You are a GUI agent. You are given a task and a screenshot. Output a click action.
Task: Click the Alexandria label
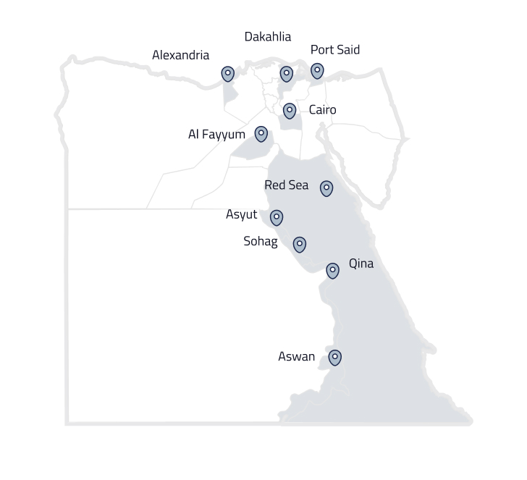coord(180,55)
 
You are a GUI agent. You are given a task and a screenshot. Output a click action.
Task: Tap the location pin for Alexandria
coord(228,74)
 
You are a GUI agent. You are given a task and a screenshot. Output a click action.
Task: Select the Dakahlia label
coord(268,36)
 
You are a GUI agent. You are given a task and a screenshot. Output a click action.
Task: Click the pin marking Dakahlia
coord(287,74)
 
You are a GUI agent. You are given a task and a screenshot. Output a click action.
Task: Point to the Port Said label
coord(334,50)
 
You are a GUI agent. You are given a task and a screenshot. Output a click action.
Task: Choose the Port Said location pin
coord(317,71)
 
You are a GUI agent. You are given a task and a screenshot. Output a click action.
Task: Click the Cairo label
coord(322,110)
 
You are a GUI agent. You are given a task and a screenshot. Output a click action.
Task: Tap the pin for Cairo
coord(290,111)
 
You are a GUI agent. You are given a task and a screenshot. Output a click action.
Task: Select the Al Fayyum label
coord(216,134)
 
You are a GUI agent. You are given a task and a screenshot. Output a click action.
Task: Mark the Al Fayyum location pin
coord(261,134)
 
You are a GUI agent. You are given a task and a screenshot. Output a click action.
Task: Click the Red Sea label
coord(286,185)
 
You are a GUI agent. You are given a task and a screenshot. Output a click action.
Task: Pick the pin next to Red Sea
coord(326,188)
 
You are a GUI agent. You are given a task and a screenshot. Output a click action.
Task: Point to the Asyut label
coord(241,214)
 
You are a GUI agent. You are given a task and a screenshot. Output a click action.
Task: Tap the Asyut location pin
coord(277,217)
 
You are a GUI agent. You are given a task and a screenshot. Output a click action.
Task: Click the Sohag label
coord(260,241)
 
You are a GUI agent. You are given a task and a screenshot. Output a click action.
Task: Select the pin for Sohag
coord(300,244)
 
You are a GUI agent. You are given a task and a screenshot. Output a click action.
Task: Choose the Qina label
coord(361,264)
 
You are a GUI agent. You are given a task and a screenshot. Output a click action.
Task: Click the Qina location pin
coord(332,271)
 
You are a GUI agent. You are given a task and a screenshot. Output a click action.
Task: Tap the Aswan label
coord(297,356)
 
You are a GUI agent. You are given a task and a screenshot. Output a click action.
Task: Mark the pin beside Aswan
coord(334,357)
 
